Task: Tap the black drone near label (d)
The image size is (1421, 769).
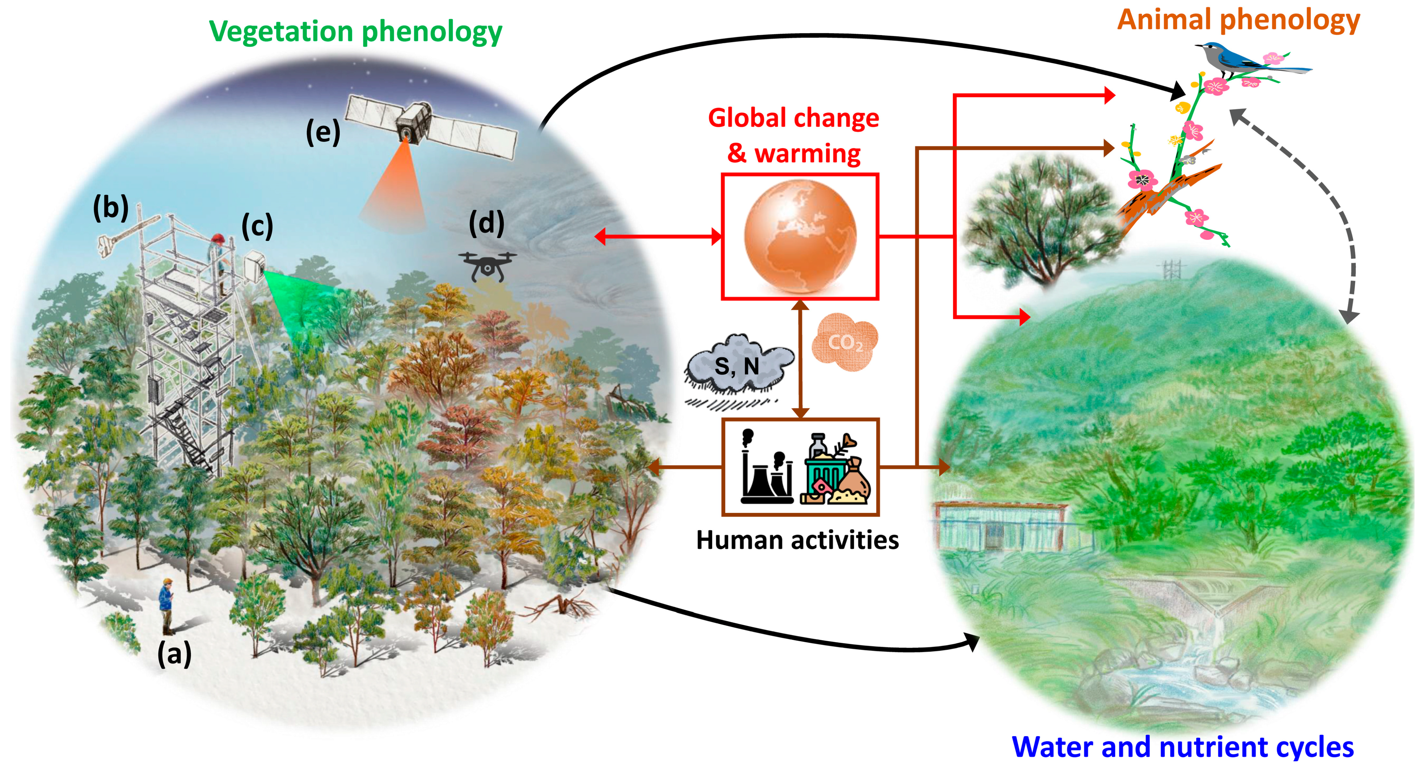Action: (487, 266)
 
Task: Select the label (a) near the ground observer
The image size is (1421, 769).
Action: (174, 654)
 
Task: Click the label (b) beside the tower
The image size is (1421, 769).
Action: (110, 207)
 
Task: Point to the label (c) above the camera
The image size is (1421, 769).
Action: (257, 226)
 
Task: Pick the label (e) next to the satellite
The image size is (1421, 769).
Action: (323, 132)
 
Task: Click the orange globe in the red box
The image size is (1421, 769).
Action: (800, 236)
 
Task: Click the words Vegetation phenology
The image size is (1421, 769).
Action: (355, 32)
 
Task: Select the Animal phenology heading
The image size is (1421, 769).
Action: (1238, 20)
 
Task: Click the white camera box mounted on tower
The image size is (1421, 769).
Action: (254, 266)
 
